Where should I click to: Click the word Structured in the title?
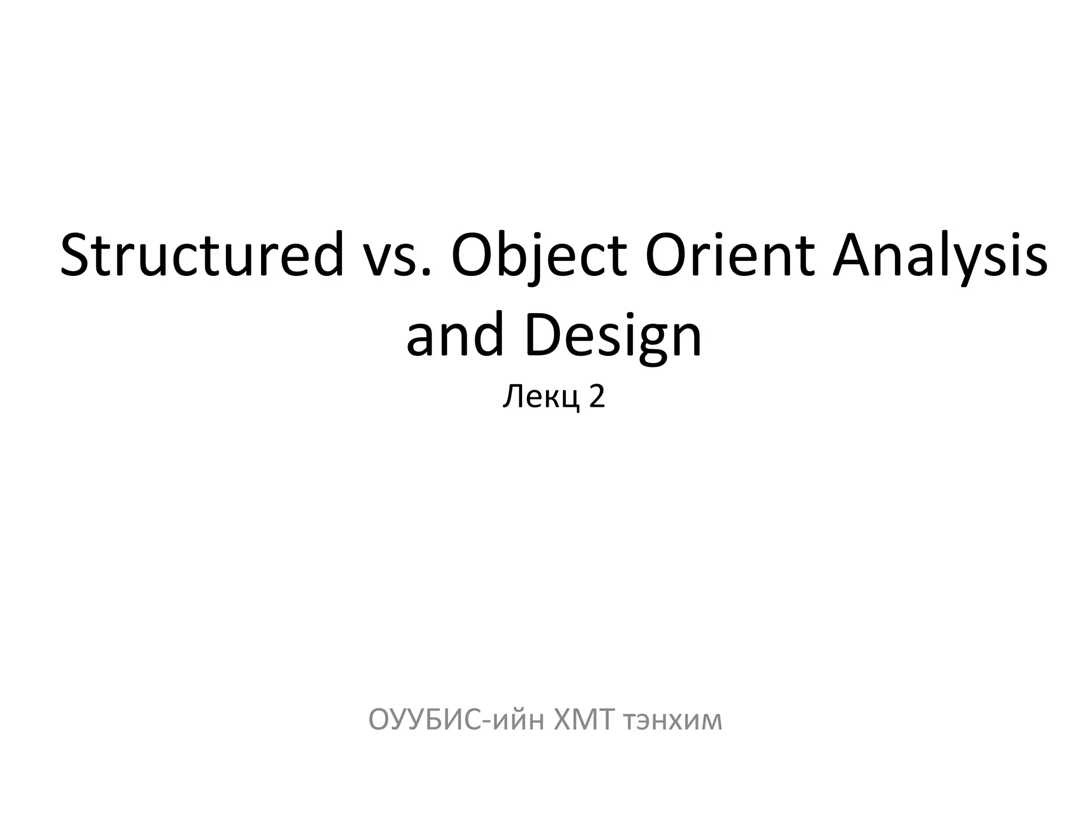202,255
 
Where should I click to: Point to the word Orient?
729,255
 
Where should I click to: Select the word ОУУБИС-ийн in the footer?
456,721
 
